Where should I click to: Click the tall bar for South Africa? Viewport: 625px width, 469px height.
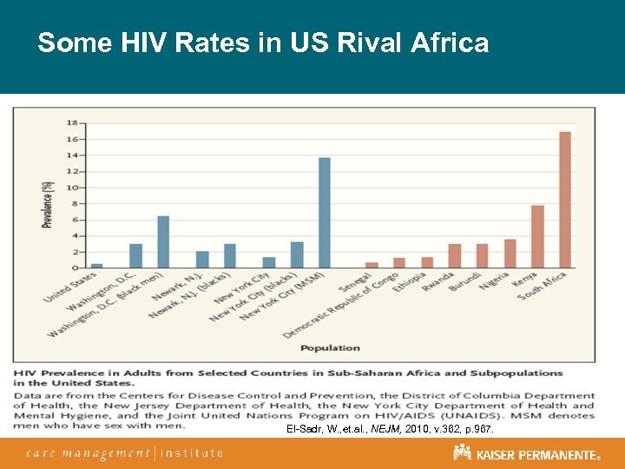pos(565,200)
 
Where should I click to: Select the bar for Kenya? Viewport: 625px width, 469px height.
pos(537,236)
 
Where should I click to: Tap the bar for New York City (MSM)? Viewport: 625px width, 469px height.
pos(325,213)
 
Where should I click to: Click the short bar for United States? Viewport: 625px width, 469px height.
pos(96,265)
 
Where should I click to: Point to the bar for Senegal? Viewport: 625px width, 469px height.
pos(372,264)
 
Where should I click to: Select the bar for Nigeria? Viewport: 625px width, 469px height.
pos(510,253)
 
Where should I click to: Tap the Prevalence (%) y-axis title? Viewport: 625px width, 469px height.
pos(48,204)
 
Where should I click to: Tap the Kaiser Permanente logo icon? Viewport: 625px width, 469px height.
pos(462,452)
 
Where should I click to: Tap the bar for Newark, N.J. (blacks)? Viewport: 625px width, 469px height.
pos(230,255)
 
